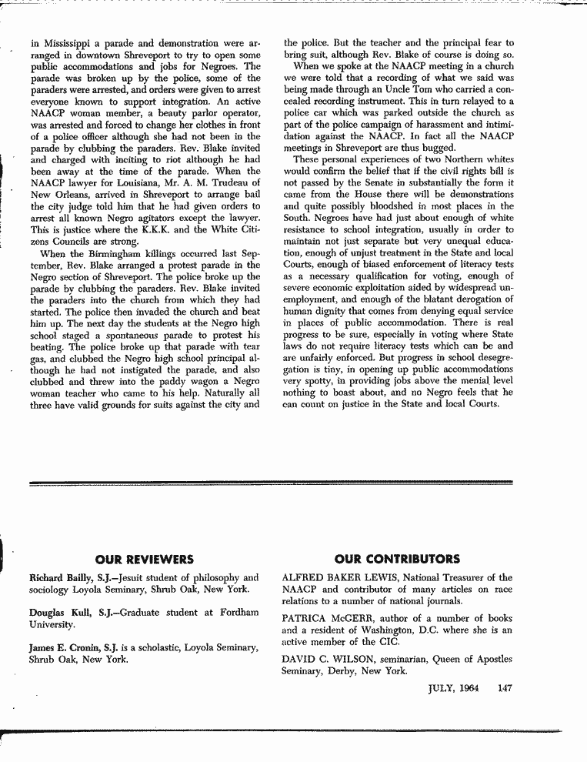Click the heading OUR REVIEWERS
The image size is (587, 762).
tap(145, 559)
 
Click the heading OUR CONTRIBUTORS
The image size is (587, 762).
tap(398, 559)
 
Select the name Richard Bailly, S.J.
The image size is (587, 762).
tap(71, 577)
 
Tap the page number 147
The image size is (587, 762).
tap(505, 688)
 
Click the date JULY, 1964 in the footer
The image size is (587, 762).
tap(454, 688)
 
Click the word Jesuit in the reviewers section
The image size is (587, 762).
tap(137, 577)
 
